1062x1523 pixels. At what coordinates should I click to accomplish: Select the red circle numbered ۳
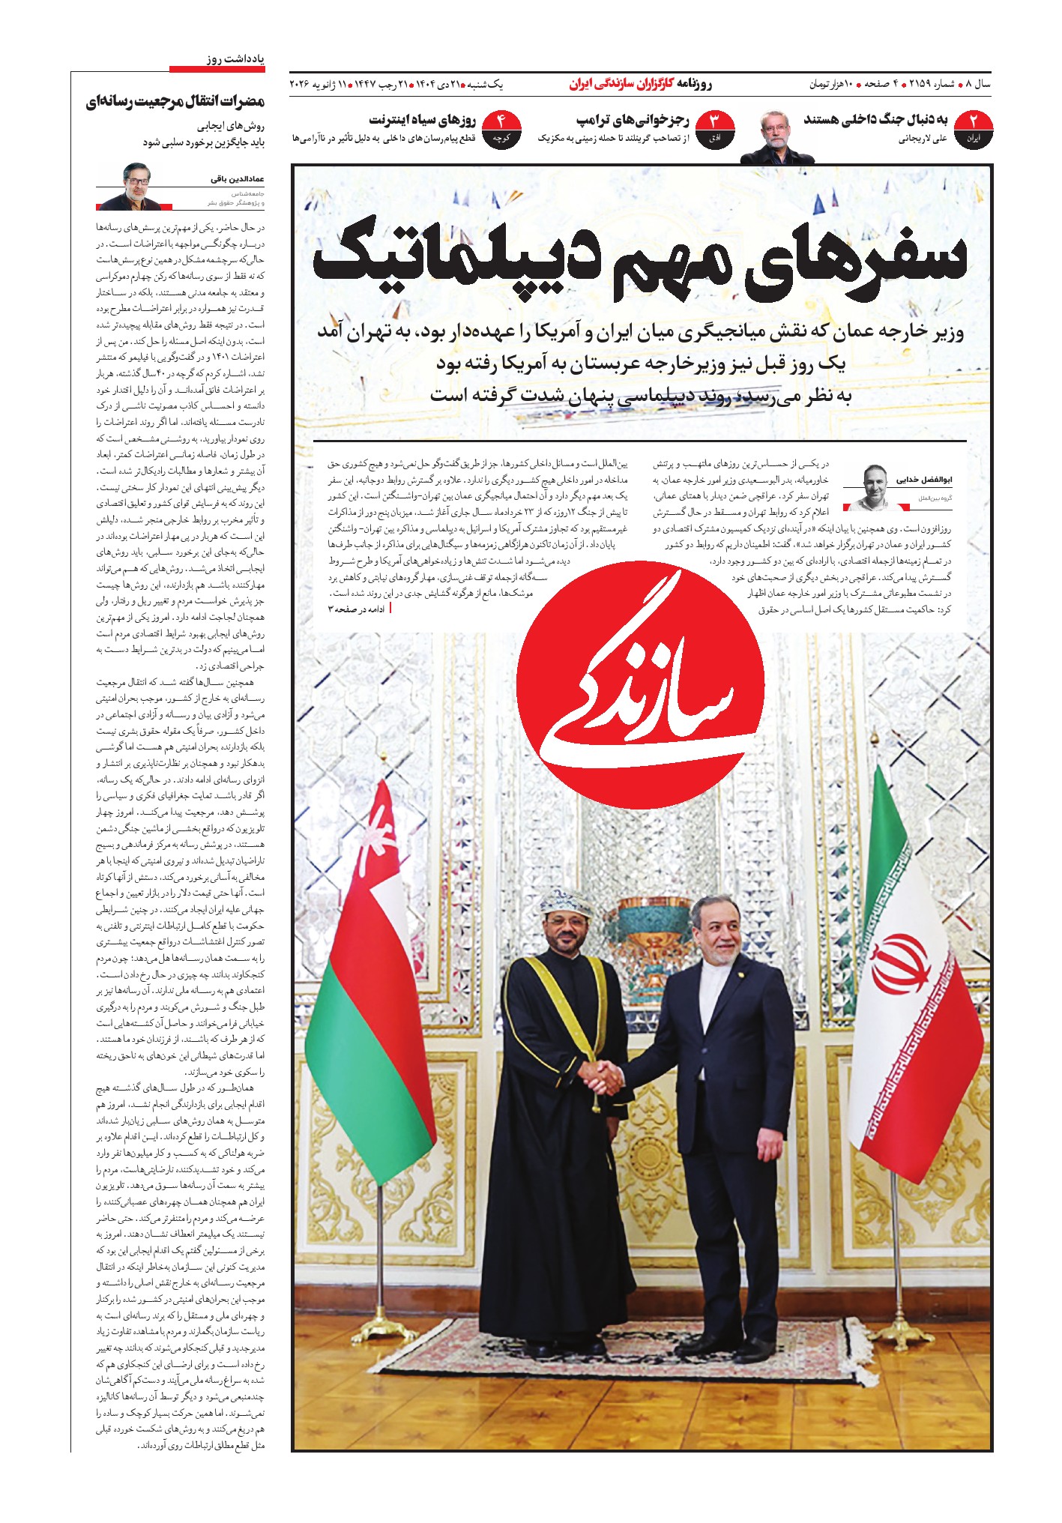(713, 128)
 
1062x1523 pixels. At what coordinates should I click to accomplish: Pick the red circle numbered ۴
(501, 128)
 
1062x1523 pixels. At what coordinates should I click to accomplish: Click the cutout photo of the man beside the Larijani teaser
(776, 137)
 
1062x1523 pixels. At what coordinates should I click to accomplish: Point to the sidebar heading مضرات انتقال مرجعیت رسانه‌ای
(175, 102)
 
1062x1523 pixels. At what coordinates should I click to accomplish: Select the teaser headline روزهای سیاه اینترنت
(423, 120)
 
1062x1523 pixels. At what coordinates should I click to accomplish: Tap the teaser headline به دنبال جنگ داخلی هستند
(875, 120)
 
